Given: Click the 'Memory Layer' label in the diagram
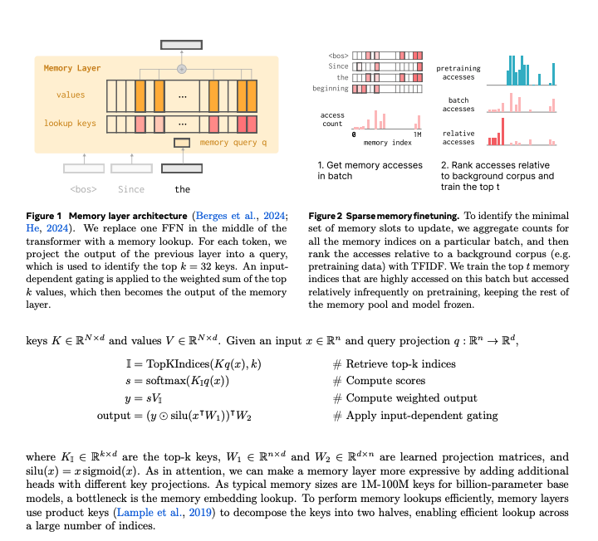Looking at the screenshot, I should tap(71, 68).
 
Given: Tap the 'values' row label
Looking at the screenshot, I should tap(70, 95).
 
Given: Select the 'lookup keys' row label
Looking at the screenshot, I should tap(70, 124).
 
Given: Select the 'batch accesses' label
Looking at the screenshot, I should tap(458, 104).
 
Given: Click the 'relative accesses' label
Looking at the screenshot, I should tap(458, 136).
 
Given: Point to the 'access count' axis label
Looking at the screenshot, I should tap(333, 119).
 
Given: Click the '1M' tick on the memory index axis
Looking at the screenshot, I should tap(417, 133).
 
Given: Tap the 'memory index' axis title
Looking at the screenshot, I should tap(387, 143).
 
